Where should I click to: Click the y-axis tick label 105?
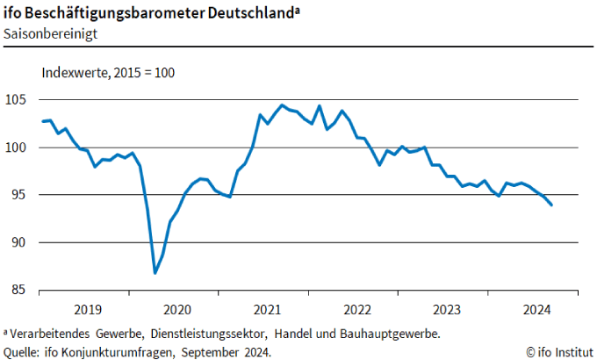[x=18, y=100]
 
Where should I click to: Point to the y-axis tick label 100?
[x=18, y=148]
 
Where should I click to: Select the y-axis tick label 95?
[x=21, y=195]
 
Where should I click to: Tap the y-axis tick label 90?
[x=21, y=242]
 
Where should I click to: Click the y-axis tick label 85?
[x=21, y=290]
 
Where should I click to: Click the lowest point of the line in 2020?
[x=155, y=273]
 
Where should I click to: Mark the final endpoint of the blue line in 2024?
[x=551, y=205]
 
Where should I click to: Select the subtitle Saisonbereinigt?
[x=49, y=33]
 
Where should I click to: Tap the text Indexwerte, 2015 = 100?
[x=109, y=74]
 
